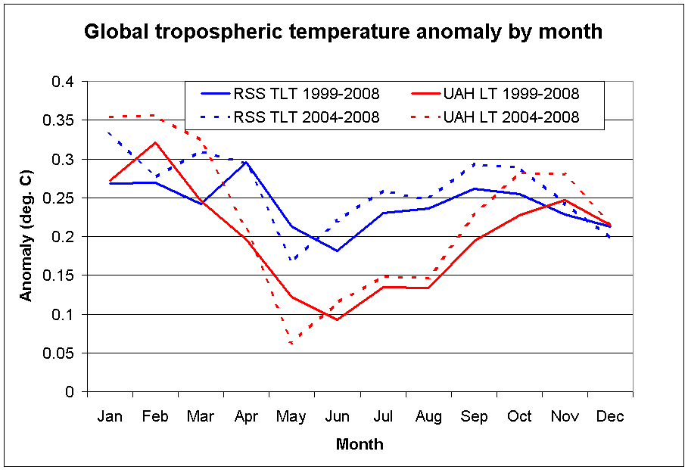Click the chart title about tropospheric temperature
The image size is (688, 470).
tap(343, 32)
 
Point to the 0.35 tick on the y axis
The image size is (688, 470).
tap(63, 120)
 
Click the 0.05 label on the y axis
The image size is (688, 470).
tap(63, 353)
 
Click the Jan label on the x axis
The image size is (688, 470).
tap(110, 416)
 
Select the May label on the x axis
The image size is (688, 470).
tap(292, 416)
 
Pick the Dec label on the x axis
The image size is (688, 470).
tap(610, 416)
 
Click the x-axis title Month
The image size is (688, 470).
tap(360, 444)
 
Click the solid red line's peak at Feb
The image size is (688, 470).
tap(155, 142)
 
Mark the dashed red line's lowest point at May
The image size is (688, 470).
tap(292, 344)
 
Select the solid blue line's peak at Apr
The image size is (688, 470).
tap(246, 162)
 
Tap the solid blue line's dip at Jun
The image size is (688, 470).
tap(338, 251)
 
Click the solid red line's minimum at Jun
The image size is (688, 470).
tap(338, 319)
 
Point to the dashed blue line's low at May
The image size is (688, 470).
tap(292, 260)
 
